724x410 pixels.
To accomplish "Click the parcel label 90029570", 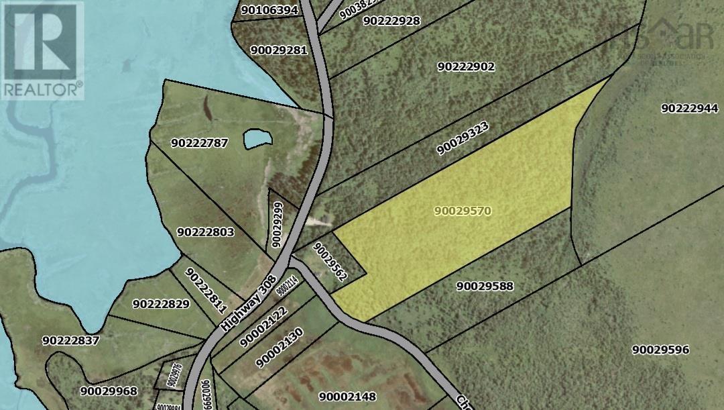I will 463,211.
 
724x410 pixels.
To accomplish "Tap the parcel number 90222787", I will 200,143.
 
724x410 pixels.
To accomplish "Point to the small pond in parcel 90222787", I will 258,139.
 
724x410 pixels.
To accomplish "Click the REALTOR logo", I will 42,50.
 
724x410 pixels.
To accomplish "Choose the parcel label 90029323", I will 462,139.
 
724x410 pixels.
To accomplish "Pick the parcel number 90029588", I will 485,286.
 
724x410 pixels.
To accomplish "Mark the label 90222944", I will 689,108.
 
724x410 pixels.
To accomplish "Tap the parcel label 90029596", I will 660,350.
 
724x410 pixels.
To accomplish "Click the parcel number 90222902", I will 466,66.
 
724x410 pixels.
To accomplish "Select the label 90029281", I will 278,50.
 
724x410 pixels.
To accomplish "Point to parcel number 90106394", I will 269,10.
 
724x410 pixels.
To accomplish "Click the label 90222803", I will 206,232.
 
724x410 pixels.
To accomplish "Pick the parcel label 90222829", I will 162,303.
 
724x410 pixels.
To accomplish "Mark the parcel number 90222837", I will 70,340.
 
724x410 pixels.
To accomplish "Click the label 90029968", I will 108,391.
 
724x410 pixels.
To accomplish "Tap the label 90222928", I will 391,21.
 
